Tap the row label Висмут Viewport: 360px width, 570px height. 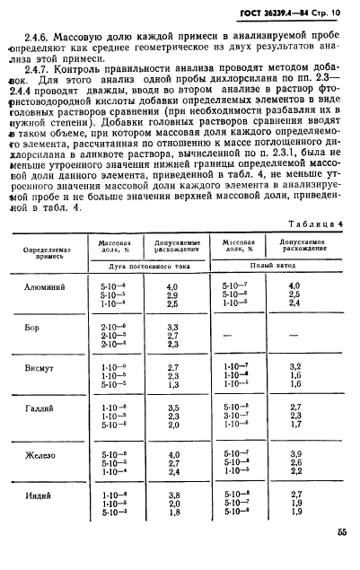pos(39,368)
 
